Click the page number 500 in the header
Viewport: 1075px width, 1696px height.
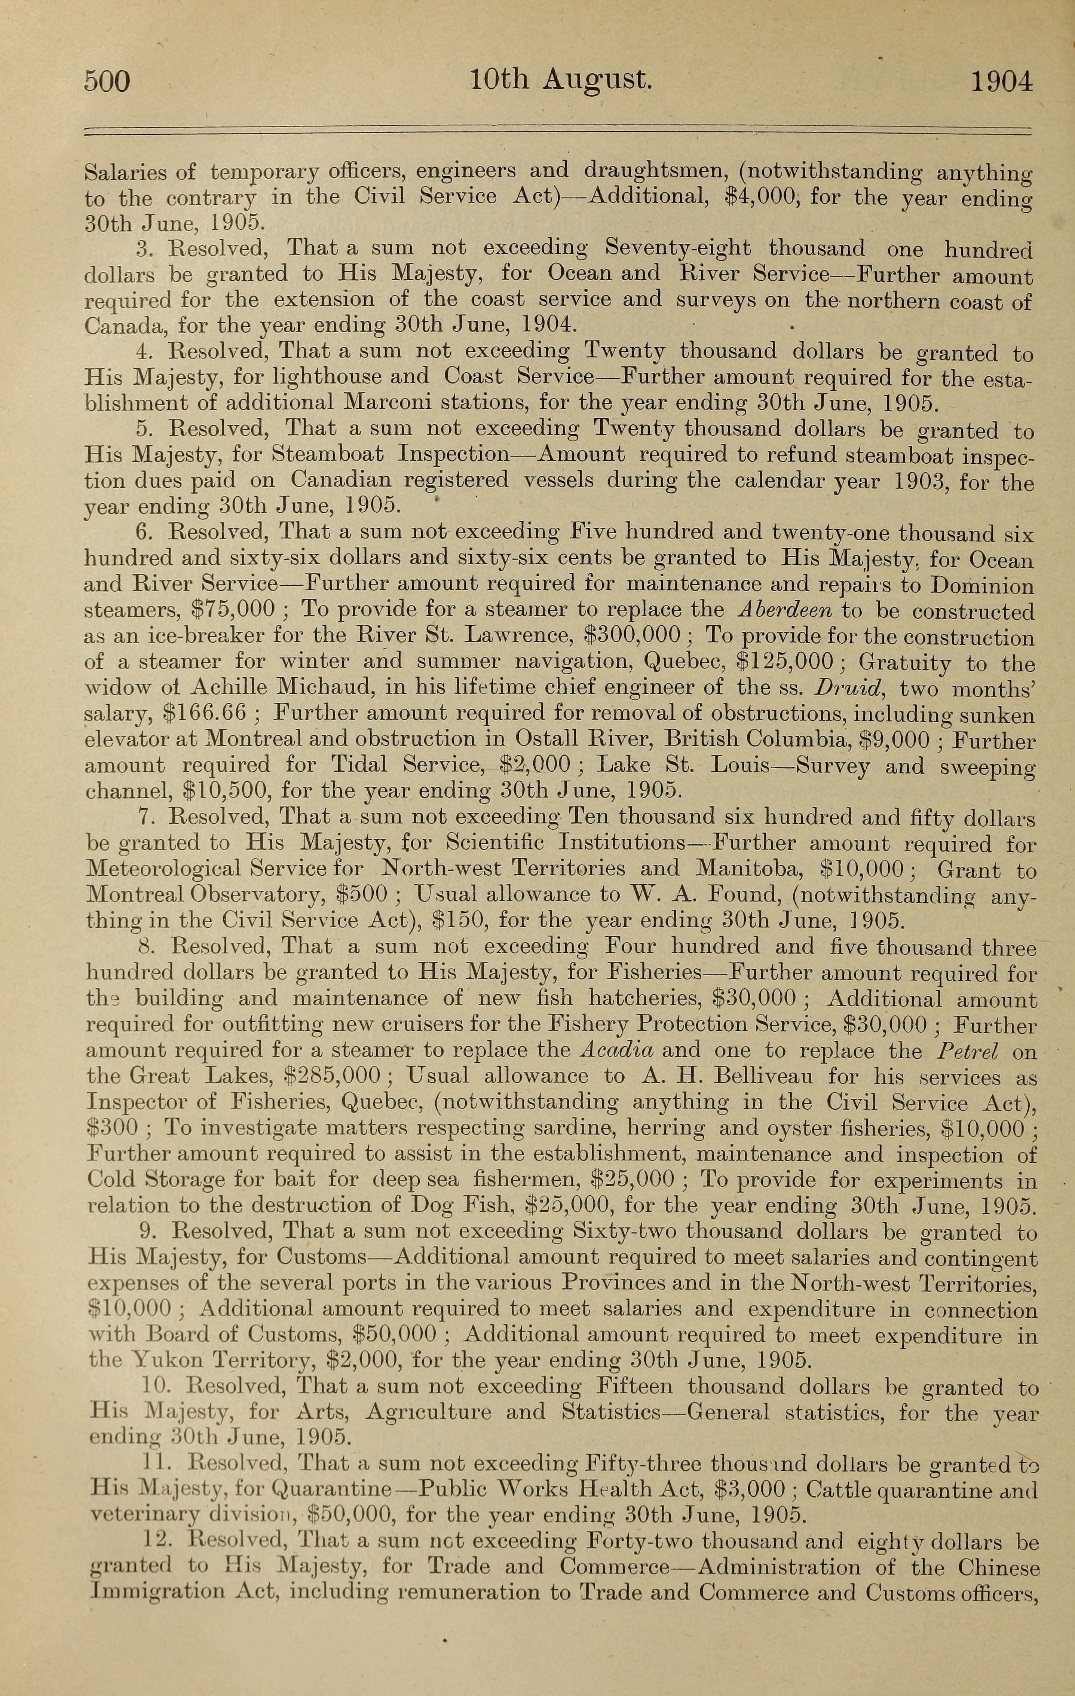(x=107, y=82)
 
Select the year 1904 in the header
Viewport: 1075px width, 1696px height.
(x=1002, y=82)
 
